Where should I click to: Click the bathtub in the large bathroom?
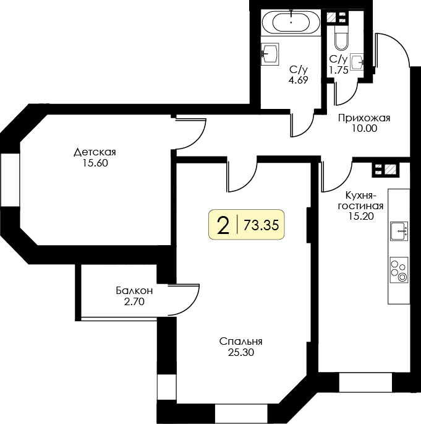tap(291, 22)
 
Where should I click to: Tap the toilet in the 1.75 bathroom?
tap(341, 38)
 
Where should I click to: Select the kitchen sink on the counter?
tap(399, 231)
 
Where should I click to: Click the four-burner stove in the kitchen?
tap(399, 270)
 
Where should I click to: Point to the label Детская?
tap(95, 152)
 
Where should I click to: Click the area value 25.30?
tap(241, 352)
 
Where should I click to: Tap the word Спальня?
tap(241, 342)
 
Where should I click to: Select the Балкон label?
tap(134, 291)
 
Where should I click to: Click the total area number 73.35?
tap(261, 225)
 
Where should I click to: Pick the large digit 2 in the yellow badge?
tap(223, 225)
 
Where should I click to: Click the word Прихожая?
tap(364, 118)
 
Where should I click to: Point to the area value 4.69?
tap(298, 80)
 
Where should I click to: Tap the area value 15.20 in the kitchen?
tap(360, 216)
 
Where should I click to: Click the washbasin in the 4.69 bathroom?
tap(270, 54)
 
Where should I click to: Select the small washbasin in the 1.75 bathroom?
tap(357, 62)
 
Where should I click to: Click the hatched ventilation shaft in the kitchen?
tap(391, 169)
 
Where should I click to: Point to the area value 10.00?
tap(364, 128)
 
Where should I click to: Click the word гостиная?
tap(360, 206)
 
